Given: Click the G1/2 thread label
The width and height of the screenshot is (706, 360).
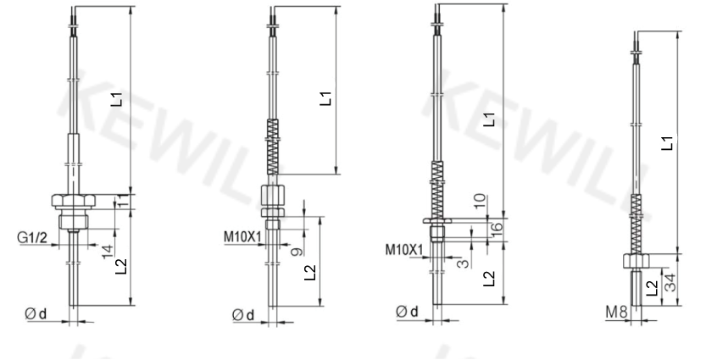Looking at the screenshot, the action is (x=32, y=237).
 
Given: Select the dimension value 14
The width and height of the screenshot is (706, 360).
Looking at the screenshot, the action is (x=108, y=251).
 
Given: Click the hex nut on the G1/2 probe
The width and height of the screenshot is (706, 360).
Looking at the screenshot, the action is (x=74, y=200).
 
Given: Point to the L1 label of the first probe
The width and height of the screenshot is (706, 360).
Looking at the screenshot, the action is (x=117, y=99).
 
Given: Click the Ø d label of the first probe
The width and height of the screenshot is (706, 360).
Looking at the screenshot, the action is (x=36, y=313).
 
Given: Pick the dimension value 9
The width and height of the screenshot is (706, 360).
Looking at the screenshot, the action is (x=297, y=252).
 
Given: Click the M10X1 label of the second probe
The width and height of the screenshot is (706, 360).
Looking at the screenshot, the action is (x=242, y=236).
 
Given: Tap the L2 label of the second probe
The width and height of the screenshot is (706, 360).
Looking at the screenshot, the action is (x=310, y=273).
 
